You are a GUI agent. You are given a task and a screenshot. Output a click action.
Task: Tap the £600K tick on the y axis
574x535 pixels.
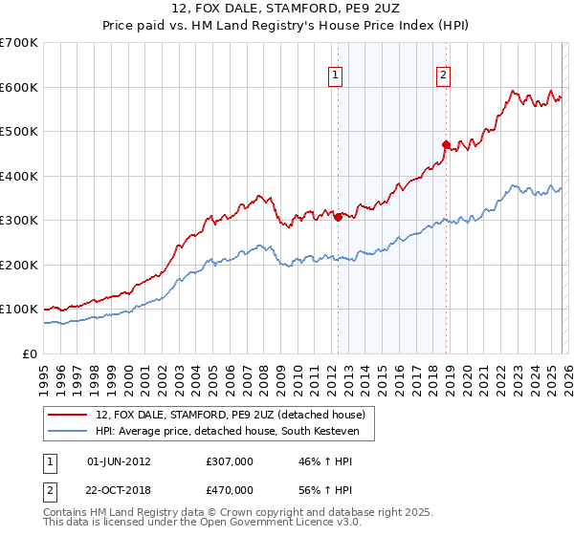[19, 87]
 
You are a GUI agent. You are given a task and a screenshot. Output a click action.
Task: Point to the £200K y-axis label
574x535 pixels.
[19, 265]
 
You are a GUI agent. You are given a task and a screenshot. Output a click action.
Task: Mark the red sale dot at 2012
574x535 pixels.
[338, 217]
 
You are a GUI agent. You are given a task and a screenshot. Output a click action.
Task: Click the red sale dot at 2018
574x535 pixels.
[446, 144]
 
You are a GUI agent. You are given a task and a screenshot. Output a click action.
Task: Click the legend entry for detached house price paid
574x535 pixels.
[230, 415]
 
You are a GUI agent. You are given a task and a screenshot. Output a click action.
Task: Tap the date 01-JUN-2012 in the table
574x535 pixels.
[119, 461]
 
